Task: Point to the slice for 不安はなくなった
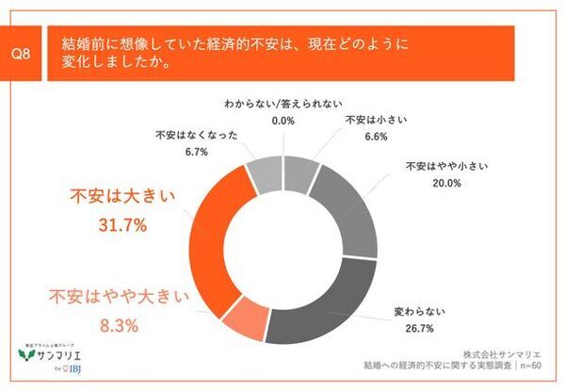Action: [263, 175]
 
